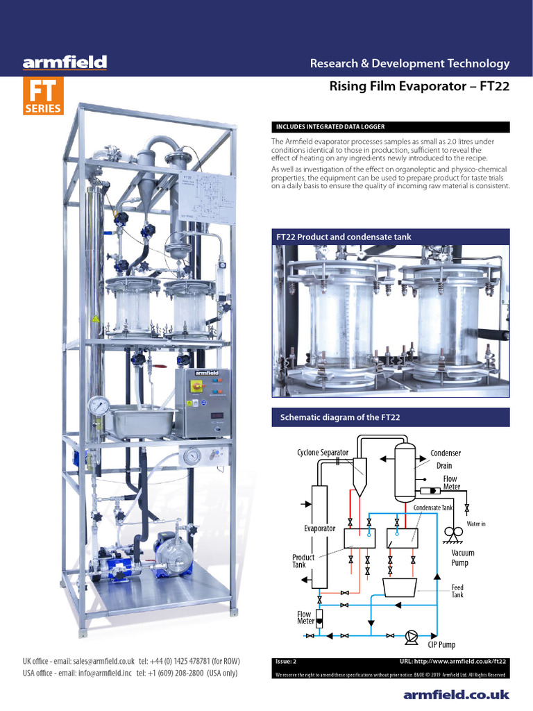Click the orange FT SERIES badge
point(43,97)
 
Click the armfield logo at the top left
point(65,63)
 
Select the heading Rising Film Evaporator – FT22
point(418,87)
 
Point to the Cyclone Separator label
point(323,453)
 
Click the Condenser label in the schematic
point(446,453)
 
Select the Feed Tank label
point(457,591)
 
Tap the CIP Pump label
point(441,645)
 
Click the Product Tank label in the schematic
point(303,561)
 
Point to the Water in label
point(476,524)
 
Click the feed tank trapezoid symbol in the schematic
point(404,587)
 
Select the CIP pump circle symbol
point(412,635)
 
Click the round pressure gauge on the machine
point(99,405)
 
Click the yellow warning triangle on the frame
point(95,319)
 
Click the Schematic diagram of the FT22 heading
point(339,417)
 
